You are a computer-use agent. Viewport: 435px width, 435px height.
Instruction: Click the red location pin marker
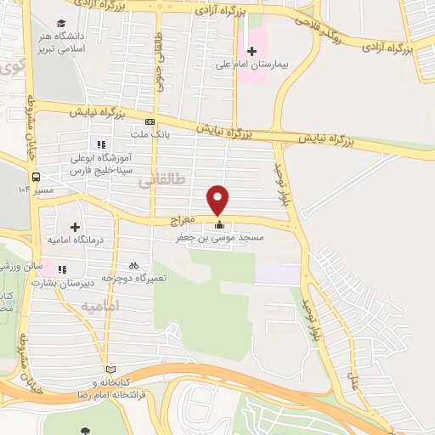pos(219,200)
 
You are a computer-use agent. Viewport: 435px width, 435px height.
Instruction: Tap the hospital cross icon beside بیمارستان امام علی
pos(251,49)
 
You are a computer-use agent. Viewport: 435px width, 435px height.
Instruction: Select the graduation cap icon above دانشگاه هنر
pos(61,24)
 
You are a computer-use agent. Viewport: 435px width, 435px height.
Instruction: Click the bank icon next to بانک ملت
pos(150,121)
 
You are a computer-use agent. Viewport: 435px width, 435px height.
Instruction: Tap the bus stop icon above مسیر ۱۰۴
pos(37,177)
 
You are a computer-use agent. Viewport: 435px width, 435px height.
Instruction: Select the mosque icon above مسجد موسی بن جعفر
pos(220,225)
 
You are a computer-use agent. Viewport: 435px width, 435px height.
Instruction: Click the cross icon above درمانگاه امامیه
pos(75,228)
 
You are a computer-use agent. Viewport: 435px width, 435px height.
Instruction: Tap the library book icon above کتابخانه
pos(110,370)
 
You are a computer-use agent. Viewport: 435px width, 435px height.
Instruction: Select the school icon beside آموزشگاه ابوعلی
pos(102,145)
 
